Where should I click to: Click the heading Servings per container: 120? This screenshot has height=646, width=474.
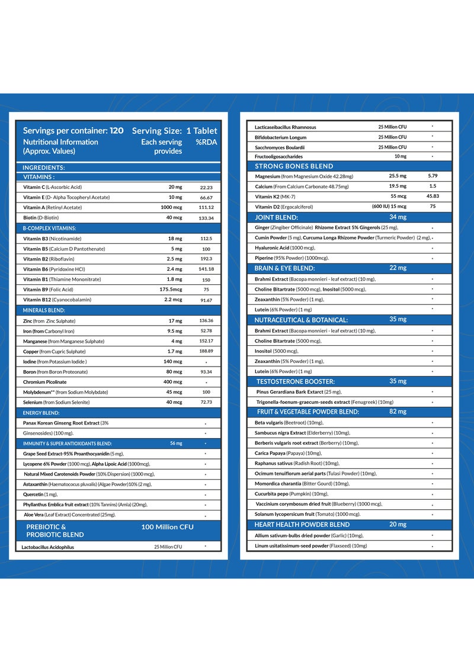pos(73,130)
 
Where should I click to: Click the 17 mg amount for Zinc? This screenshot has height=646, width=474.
pos(175,321)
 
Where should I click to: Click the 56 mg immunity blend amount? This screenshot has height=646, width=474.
pos(175,443)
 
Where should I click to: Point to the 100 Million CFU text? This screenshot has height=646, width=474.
pos(167,526)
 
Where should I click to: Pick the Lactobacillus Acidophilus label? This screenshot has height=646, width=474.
pos(49,548)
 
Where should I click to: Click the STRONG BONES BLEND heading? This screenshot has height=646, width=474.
pos(294,166)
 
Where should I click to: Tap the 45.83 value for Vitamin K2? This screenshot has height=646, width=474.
pos(432,196)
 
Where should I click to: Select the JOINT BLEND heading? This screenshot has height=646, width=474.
pos(276,217)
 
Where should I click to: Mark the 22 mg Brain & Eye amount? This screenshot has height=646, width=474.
pos(397,268)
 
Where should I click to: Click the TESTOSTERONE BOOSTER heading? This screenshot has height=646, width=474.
pos(296,381)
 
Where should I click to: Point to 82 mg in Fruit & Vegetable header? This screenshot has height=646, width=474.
pos(398,411)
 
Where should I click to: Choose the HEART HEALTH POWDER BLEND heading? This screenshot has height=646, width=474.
pos(302,525)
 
